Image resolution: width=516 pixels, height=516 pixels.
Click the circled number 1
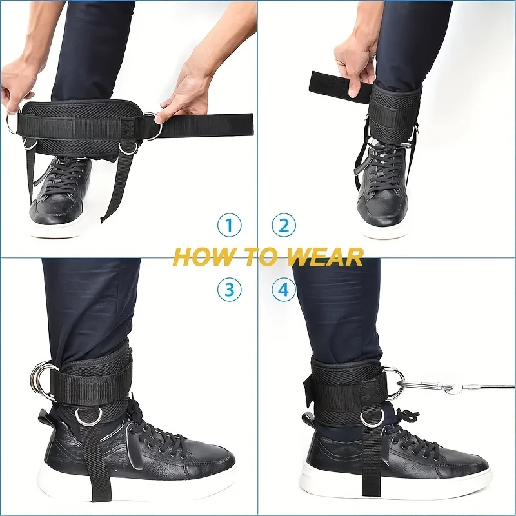pyautogui.click(x=228, y=226)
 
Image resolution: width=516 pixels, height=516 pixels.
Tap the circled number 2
pyautogui.click(x=284, y=226)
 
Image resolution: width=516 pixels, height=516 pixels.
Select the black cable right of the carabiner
pyautogui.click(x=490, y=387)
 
